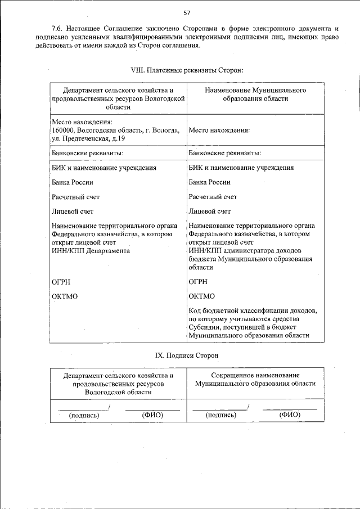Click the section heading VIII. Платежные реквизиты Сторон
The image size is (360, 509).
[186, 70]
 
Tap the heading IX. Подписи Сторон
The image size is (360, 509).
[186, 355]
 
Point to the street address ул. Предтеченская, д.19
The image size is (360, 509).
[88, 138]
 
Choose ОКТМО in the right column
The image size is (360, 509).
[201, 296]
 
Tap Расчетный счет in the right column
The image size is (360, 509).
[213, 197]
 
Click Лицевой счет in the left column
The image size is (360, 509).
[72, 211]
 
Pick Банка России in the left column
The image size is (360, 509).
[72, 182]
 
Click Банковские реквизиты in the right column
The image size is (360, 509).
[224, 152]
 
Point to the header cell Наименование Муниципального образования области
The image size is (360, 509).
[255, 94]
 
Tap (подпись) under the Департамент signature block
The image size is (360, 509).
[84, 415]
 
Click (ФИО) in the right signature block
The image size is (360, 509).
[290, 415]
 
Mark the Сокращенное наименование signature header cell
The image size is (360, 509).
[255, 379]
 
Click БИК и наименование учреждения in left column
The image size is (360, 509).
[103, 168]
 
